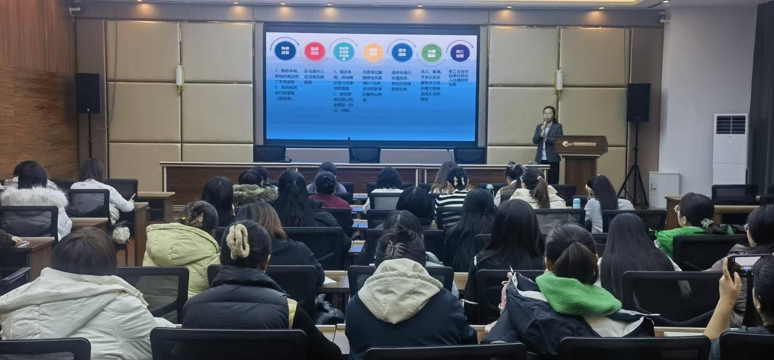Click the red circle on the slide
click(314, 51)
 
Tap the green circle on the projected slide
click(431, 53)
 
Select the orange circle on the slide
click(373, 52)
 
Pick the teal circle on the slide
click(344, 52)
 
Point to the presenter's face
click(549, 114)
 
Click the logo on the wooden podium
click(567, 144)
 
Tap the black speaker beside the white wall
click(638, 102)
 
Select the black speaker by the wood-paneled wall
click(87, 93)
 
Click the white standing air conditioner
click(729, 149)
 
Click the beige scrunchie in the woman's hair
click(238, 241)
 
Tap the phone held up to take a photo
click(743, 265)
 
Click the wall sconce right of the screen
click(559, 82)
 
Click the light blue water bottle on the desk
click(576, 203)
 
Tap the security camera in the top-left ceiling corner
click(75, 7)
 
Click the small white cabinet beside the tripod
click(664, 189)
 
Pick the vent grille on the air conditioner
click(731, 124)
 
